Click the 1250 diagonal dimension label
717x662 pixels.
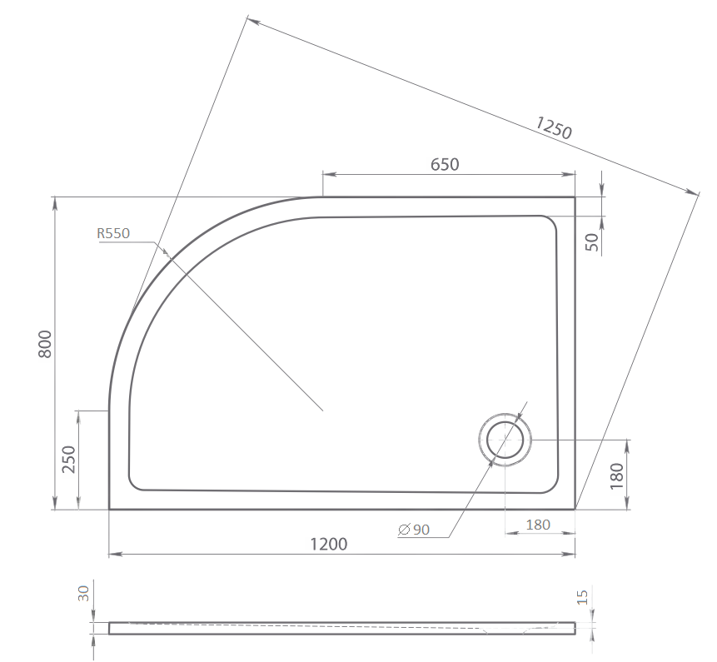[554, 127]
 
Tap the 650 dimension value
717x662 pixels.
[445, 164]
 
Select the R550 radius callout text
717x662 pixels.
[113, 234]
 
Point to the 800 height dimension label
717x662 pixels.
[45, 344]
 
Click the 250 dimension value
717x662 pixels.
[68, 460]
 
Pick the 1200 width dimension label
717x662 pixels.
[329, 544]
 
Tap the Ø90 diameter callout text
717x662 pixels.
[414, 530]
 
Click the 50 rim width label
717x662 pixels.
[592, 241]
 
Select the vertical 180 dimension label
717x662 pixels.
[617, 476]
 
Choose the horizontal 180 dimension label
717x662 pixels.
[538, 525]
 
